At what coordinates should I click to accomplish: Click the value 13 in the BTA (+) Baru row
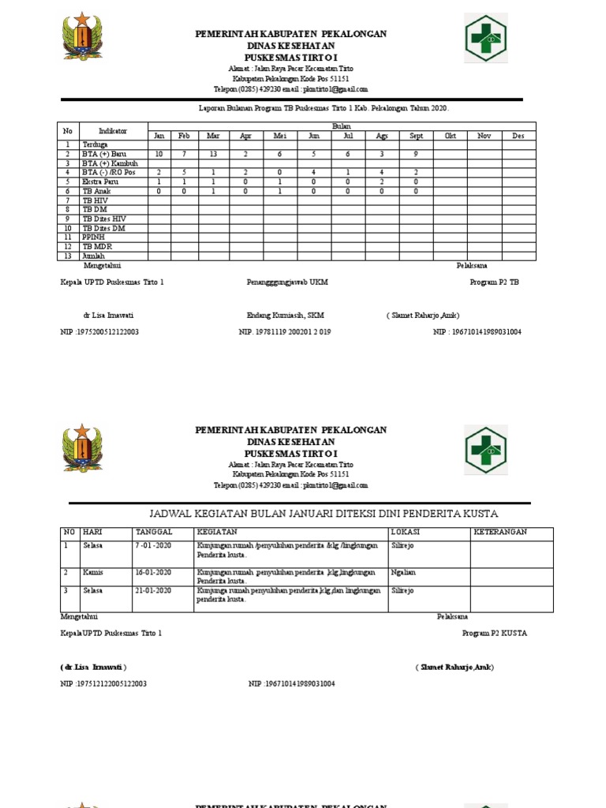[213, 154]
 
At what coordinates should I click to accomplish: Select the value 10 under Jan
[159, 154]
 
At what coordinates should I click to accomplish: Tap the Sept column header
[416, 136]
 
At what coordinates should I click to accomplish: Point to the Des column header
[518, 136]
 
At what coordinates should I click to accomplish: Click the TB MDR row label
[93, 246]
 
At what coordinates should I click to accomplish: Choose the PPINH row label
[92, 237]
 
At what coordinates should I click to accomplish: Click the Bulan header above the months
[342, 126]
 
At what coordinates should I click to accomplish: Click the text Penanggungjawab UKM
[286, 282]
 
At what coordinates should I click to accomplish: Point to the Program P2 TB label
[494, 282]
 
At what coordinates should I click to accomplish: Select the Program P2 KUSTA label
[495, 633]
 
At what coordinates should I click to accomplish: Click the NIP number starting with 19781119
[285, 332]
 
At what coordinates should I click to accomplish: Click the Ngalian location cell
[402, 571]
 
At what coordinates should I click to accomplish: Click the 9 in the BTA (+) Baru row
[416, 154]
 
